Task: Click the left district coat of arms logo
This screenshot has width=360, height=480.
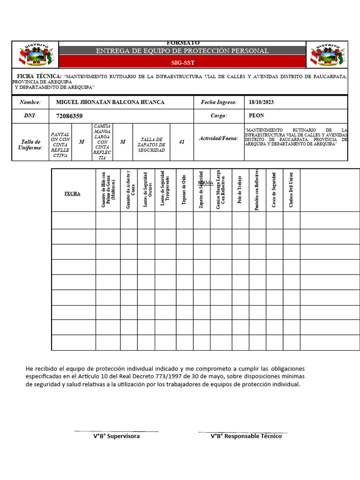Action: click(35, 55)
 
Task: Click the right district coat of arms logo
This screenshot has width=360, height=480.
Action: click(327, 55)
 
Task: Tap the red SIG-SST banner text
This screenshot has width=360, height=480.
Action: click(182, 62)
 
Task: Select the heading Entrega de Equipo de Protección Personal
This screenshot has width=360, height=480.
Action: click(182, 51)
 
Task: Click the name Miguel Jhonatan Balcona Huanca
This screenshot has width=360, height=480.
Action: click(110, 102)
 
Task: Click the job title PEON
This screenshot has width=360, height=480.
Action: click(256, 115)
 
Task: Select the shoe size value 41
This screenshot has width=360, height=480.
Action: click(182, 142)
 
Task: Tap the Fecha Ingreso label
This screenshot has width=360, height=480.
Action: click(219, 102)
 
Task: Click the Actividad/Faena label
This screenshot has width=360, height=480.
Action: click(218, 138)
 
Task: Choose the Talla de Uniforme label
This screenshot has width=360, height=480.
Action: click(31, 144)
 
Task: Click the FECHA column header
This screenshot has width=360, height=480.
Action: click(72, 193)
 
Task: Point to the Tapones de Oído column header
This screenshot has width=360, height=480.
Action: click(184, 190)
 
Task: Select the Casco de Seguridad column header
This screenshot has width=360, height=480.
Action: click(274, 190)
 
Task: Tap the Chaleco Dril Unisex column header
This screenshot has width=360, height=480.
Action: click(291, 190)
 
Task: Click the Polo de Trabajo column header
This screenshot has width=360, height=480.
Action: click(240, 190)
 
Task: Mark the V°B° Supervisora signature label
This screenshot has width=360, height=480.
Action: click(116, 436)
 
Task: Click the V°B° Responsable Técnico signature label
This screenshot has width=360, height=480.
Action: click(246, 436)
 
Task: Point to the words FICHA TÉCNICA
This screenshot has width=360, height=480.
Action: click(39, 76)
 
